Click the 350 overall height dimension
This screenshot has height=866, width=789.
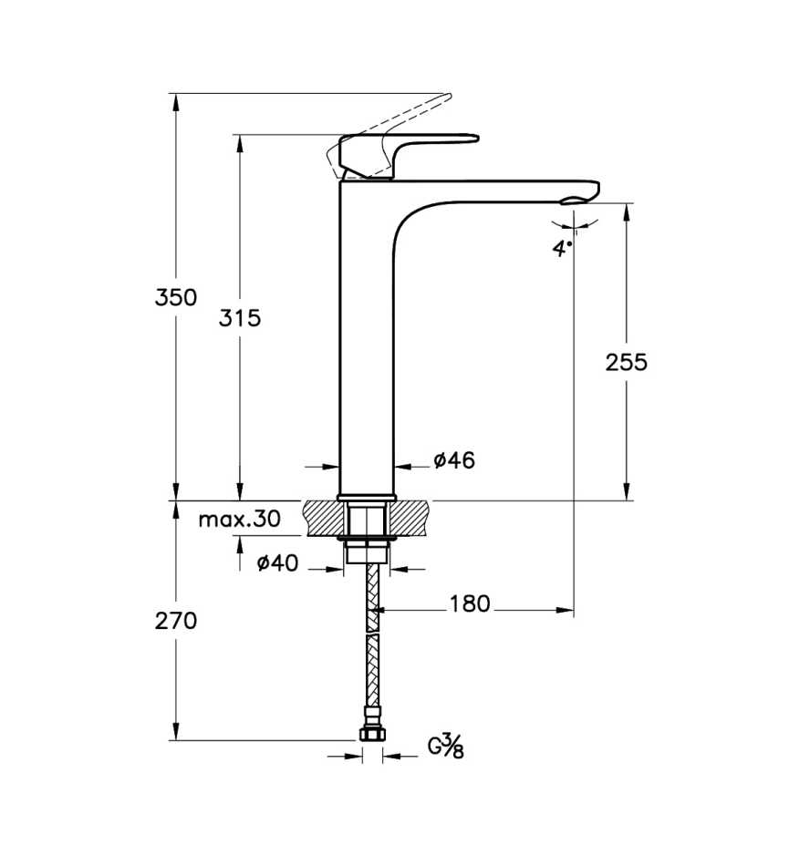[x=176, y=298]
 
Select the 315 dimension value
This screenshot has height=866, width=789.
[x=239, y=318]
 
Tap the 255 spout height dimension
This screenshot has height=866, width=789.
[x=626, y=362]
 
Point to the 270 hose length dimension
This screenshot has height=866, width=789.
[x=176, y=622]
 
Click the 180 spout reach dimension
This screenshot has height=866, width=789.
[x=469, y=603]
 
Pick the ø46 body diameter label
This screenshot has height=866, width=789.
[x=454, y=459]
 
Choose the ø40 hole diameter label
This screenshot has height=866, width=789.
[x=277, y=562]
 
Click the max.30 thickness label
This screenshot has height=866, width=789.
[x=240, y=520]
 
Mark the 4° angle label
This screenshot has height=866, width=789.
[x=562, y=248]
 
